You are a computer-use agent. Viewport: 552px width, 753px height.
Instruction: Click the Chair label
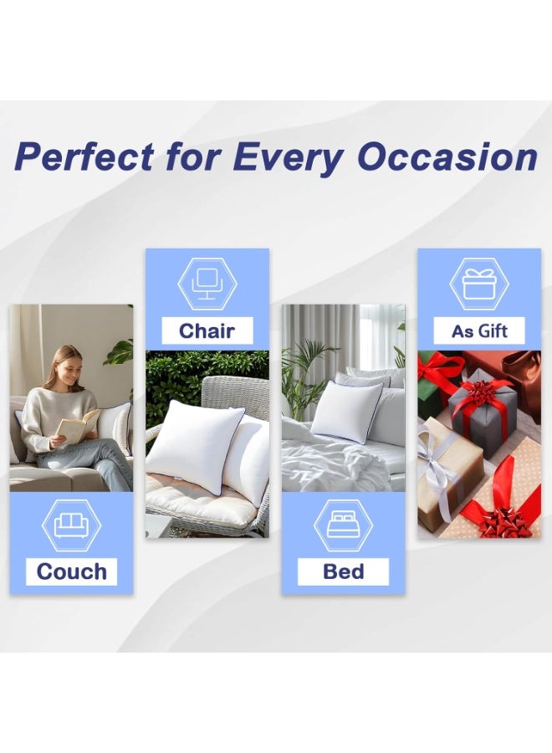tap(207, 330)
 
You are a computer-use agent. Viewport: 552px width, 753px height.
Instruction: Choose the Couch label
tap(71, 571)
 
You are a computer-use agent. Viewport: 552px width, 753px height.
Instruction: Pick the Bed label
tap(343, 571)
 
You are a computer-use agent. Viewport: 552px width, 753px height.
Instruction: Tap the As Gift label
tap(479, 330)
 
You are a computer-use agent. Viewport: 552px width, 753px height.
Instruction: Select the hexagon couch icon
tap(71, 525)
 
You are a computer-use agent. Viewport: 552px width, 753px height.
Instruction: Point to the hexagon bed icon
tap(343, 525)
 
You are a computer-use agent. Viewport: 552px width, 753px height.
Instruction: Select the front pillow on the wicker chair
tap(194, 446)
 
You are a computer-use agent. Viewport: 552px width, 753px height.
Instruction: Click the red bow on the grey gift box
tap(483, 393)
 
